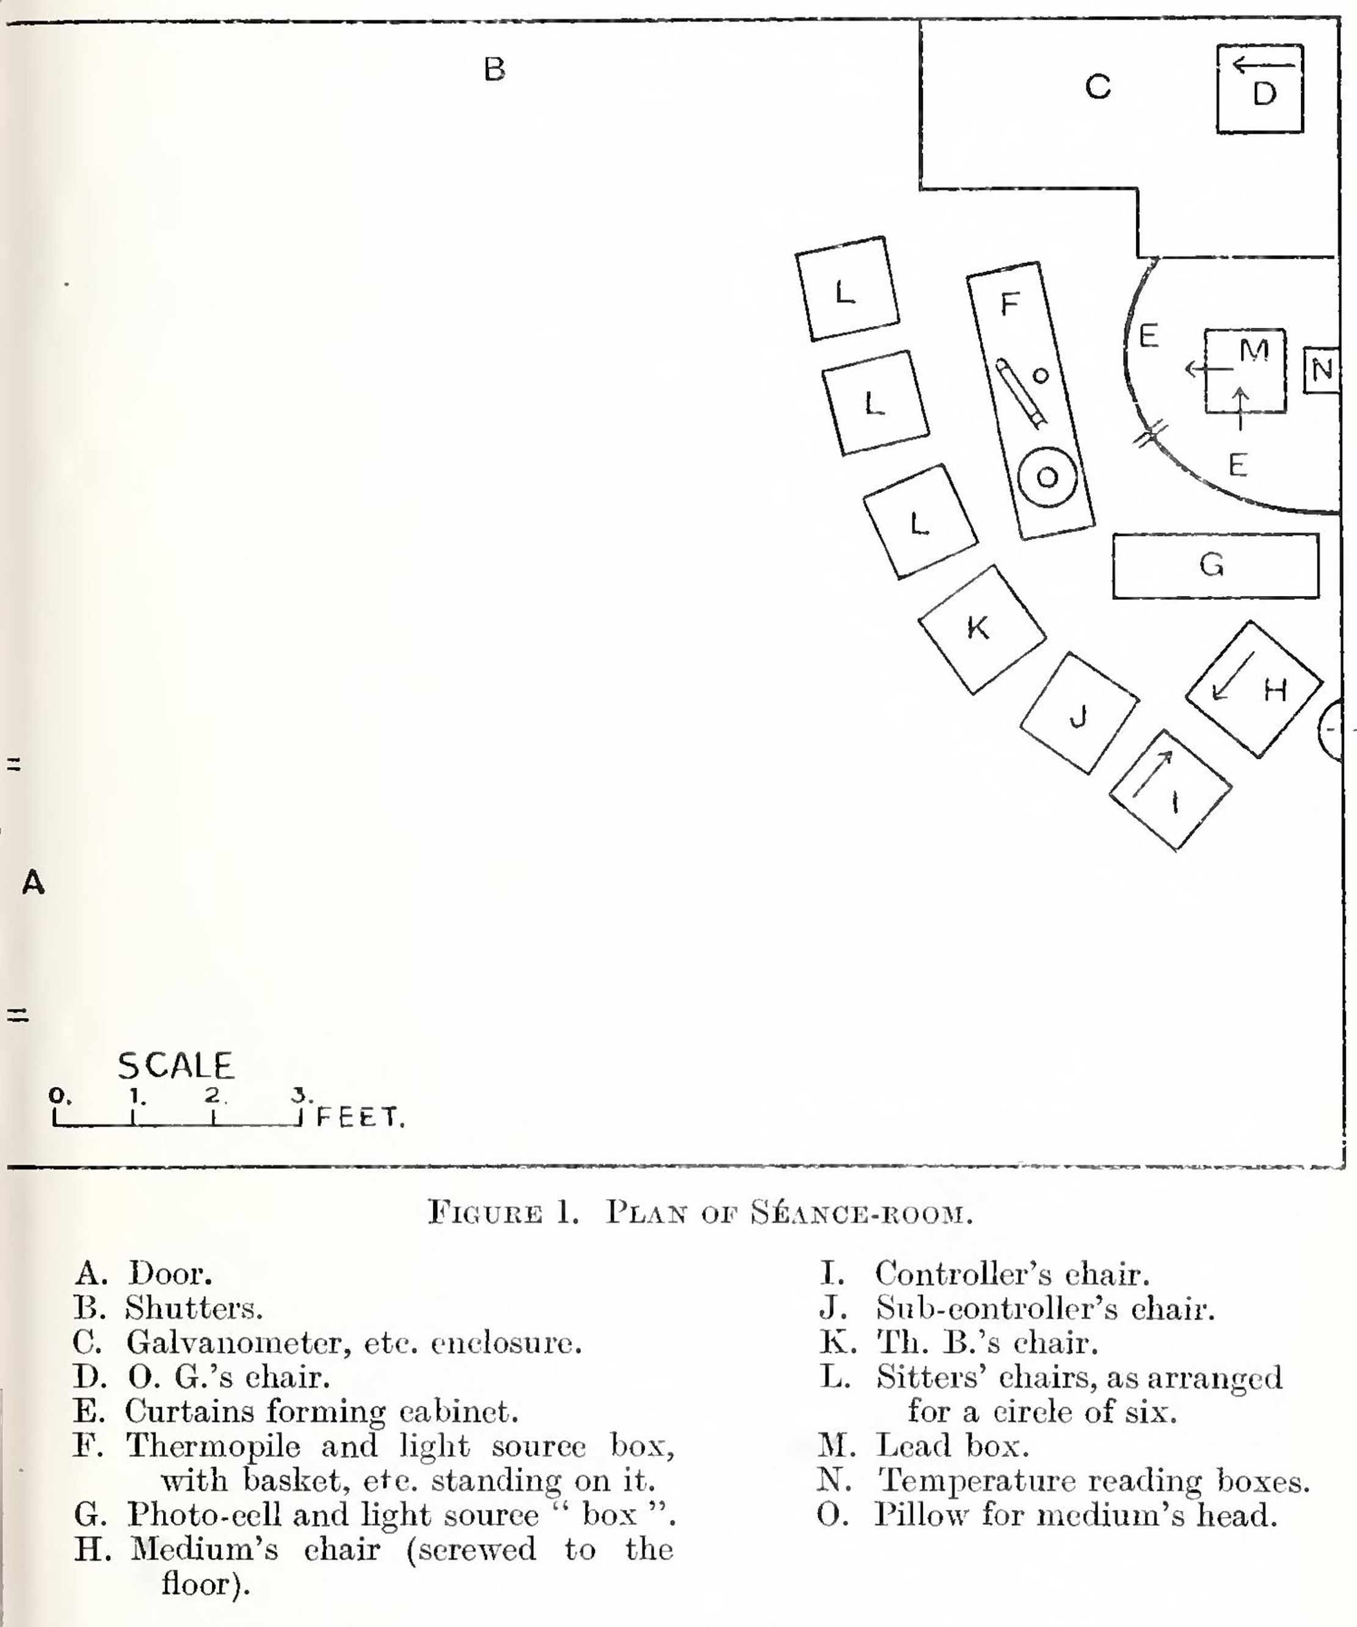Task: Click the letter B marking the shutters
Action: click(x=494, y=69)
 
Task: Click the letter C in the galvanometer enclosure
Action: click(x=1098, y=87)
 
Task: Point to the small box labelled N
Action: click(x=1322, y=369)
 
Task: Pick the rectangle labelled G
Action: click(x=1215, y=566)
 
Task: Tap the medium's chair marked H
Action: click(x=1254, y=689)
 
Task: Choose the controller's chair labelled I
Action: click(x=1170, y=790)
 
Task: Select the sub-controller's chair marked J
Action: click(x=1079, y=713)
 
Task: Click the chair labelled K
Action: click(x=982, y=629)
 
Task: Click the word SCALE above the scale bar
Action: click(x=175, y=1066)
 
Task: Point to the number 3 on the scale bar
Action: click(x=300, y=1094)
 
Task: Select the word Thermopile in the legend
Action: click(x=214, y=1446)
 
